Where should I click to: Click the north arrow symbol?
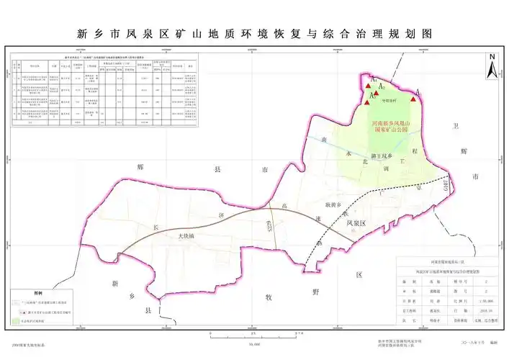point(490,66)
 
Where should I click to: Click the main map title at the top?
point(254,33)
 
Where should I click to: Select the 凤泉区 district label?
point(356,224)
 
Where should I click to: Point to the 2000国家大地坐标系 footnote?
point(28,346)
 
